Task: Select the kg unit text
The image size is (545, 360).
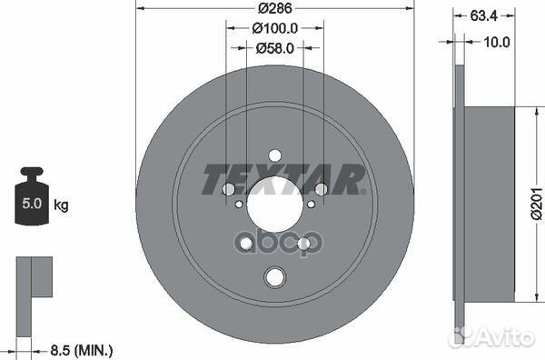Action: [x=62, y=206]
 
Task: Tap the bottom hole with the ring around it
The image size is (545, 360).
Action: [x=273, y=278]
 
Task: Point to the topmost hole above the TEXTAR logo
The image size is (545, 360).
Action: [x=273, y=155]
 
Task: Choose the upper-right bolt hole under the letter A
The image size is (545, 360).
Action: [x=320, y=188]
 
